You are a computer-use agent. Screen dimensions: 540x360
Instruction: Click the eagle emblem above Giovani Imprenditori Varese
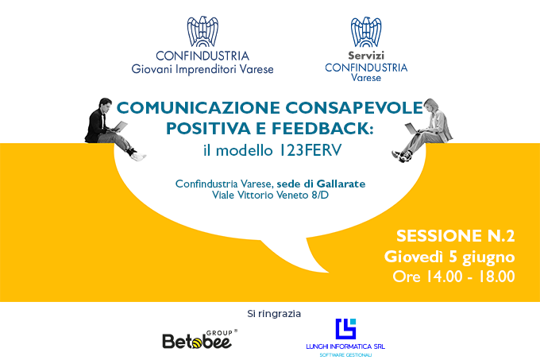(x=202, y=31)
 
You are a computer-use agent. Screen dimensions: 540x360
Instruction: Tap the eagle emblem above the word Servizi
(x=366, y=32)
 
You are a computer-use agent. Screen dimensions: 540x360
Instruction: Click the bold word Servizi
(x=366, y=55)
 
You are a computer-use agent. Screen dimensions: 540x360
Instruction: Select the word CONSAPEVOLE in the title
(x=354, y=107)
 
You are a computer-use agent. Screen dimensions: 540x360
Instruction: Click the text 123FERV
(x=310, y=150)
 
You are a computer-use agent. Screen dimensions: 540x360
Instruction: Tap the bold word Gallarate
(x=341, y=184)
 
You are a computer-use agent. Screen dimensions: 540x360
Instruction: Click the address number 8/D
(x=320, y=195)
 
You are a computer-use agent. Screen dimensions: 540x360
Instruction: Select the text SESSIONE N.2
(x=455, y=236)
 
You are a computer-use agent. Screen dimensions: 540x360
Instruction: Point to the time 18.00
(x=496, y=277)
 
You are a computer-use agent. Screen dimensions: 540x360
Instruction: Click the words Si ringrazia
(x=274, y=314)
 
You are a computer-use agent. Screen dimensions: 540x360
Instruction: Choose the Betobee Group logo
(x=199, y=339)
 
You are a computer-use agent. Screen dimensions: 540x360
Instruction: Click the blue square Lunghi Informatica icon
(x=345, y=329)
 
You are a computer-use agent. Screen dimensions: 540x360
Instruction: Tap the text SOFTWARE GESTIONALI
(x=345, y=354)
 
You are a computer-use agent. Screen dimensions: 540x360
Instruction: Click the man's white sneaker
(x=138, y=157)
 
